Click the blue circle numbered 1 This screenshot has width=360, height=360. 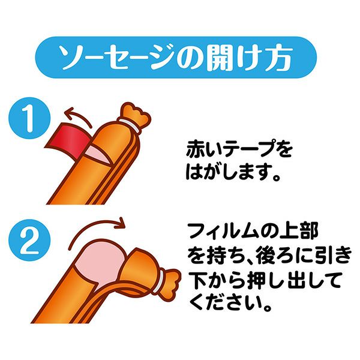[x=29, y=118]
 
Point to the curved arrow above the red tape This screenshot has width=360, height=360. [x=77, y=116]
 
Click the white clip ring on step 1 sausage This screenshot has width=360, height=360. [x=129, y=125]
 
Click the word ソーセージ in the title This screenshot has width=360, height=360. [x=119, y=58]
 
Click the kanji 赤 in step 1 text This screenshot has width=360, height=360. [x=197, y=149]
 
